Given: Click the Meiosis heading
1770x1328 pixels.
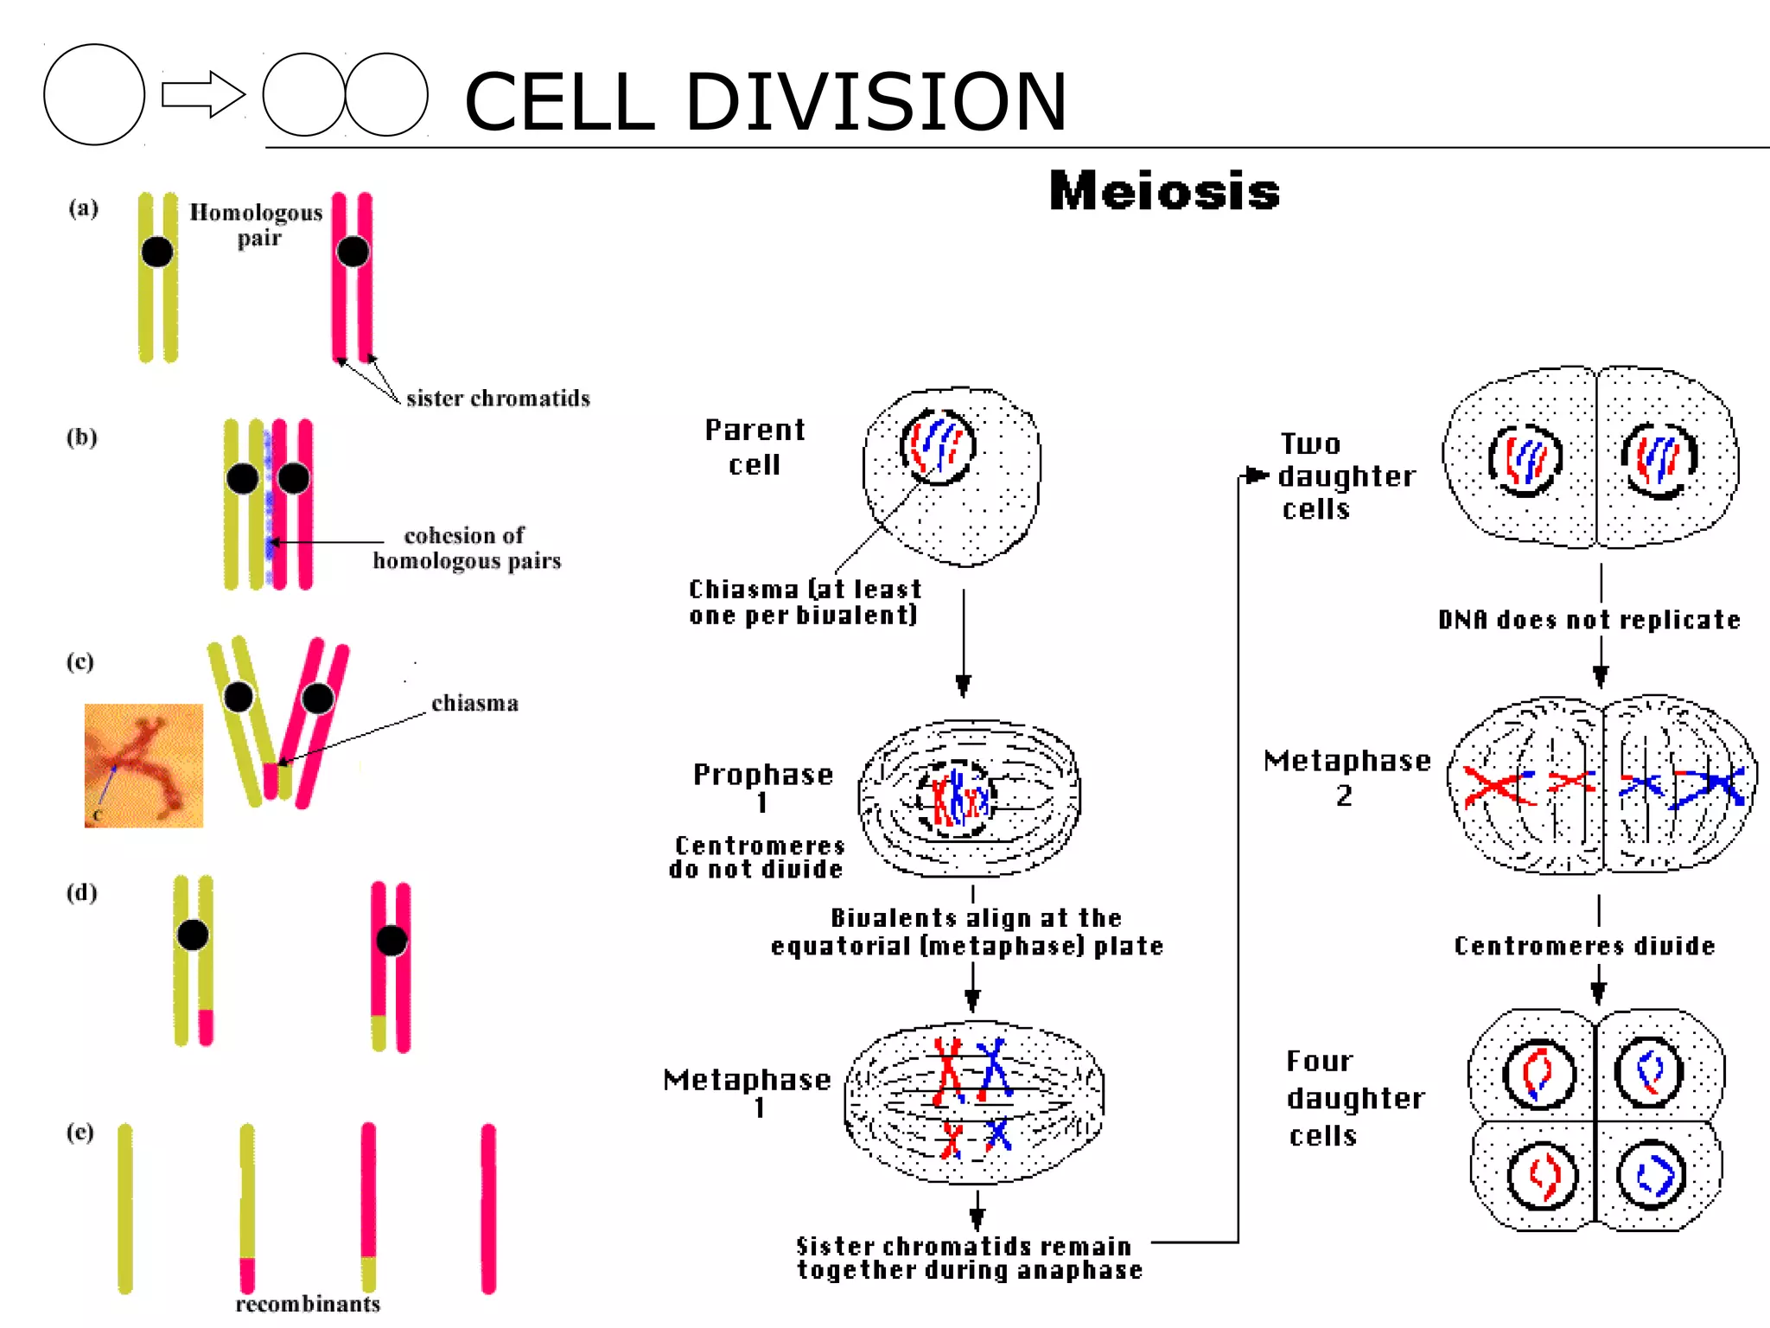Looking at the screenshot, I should (x=1163, y=191).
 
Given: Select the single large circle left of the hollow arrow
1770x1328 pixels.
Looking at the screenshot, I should (x=94, y=94).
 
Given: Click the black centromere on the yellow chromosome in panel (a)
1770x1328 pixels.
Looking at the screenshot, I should (x=157, y=252).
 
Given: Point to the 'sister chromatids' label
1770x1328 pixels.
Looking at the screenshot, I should (x=498, y=399).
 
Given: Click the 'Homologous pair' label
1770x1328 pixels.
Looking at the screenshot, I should (x=257, y=224).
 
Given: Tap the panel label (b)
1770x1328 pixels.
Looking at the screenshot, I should (x=82, y=437).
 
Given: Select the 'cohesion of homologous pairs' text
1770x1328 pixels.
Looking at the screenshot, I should (x=467, y=548).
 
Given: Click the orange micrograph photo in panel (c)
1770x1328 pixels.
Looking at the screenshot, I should (x=143, y=765).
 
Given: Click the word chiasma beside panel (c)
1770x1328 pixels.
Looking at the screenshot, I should (x=474, y=703).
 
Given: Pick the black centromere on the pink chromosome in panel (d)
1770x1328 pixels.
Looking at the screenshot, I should (x=392, y=940).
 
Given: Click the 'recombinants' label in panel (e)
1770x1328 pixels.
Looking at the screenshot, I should (x=308, y=1304).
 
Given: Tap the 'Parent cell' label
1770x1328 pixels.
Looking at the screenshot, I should (x=754, y=447).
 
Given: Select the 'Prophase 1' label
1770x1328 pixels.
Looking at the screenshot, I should (x=762, y=787).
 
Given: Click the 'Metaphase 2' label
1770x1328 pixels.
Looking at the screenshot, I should (x=1347, y=776).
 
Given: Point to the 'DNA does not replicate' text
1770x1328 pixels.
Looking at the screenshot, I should (x=1589, y=620).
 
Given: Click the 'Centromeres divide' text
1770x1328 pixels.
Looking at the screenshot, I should (x=1584, y=946).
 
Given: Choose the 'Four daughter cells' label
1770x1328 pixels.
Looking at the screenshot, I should (x=1353, y=1098).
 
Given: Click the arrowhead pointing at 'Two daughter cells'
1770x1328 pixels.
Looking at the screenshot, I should (x=1257, y=475).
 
